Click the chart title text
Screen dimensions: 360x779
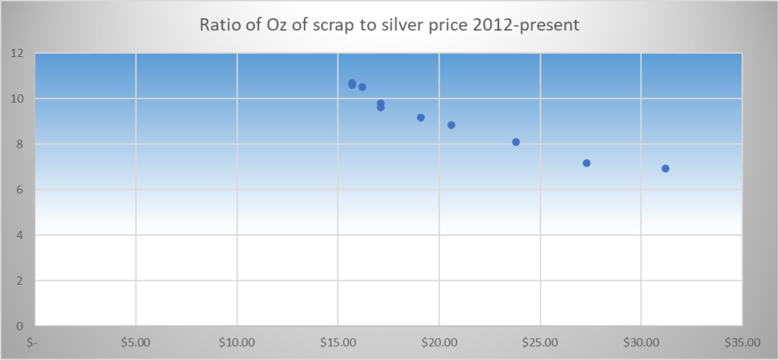pos(389,25)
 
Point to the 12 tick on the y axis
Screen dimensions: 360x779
pos(17,53)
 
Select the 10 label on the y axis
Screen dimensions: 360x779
pos(17,99)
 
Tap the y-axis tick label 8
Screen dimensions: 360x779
pos(20,144)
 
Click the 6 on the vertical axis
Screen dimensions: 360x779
pos(20,190)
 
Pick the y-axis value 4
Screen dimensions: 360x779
pos(20,235)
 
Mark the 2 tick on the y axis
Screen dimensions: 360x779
pos(20,281)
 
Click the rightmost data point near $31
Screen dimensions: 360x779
pos(666,168)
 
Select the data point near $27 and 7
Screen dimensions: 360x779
pos(586,163)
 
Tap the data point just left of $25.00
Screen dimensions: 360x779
pos(516,142)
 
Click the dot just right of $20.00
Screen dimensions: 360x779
pos(451,125)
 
